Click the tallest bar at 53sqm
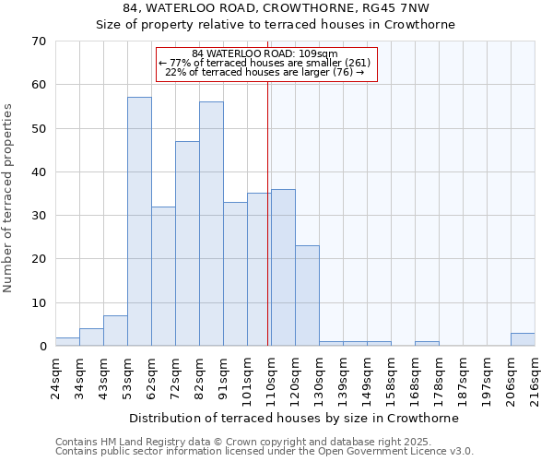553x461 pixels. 139,221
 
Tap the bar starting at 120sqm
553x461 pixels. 307,296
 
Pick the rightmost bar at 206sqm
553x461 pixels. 523,339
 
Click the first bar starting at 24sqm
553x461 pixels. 67,342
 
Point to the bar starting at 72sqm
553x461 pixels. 187,243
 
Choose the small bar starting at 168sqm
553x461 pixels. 427,344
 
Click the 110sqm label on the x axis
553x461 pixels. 271,379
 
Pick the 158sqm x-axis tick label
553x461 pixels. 391,379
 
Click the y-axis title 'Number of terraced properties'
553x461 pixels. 8,197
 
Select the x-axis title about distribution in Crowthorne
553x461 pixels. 294,418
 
